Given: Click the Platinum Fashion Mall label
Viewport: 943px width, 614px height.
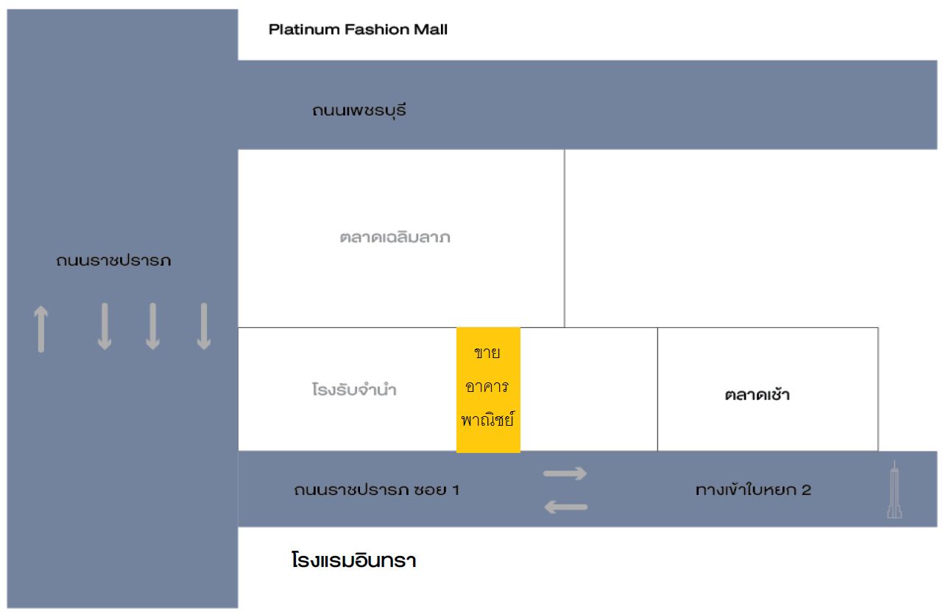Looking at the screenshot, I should [x=358, y=30].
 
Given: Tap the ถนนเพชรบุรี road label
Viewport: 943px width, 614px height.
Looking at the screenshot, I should [x=359, y=112].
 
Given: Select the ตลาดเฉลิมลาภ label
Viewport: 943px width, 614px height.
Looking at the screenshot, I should [x=395, y=238].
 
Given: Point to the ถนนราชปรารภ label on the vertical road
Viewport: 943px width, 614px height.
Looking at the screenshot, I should [x=114, y=260].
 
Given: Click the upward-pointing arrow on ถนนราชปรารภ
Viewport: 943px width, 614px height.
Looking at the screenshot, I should [x=41, y=329].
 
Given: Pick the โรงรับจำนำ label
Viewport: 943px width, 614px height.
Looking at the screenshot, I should [x=354, y=390].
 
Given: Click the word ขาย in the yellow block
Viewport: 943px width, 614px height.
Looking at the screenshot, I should [x=487, y=353].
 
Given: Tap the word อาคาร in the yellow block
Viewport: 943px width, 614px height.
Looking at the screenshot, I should [x=487, y=387].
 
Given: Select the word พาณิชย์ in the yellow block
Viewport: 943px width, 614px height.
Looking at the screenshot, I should [x=487, y=421].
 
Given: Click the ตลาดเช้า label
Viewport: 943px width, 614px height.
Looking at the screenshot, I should [x=757, y=395].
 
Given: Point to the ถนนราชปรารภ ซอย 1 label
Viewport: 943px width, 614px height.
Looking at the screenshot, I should [x=376, y=490].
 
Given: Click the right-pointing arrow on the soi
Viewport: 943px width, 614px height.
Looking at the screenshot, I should [x=565, y=474].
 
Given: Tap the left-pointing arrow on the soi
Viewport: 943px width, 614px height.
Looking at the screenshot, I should [x=565, y=507].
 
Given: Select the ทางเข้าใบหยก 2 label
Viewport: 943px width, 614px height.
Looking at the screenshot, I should [x=753, y=490].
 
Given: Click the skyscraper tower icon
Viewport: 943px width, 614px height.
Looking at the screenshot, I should [x=894, y=490].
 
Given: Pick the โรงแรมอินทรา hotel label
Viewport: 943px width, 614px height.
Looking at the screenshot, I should [x=353, y=562].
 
